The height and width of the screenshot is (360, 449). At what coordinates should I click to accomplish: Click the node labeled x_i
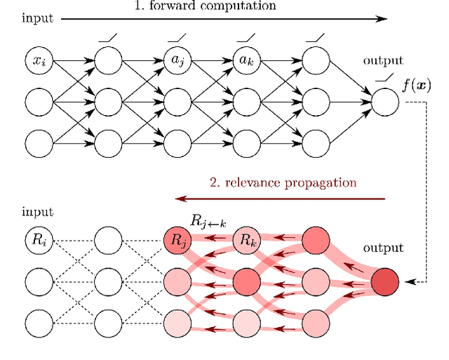(39, 61)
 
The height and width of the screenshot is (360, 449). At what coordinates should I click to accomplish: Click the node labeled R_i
(39, 240)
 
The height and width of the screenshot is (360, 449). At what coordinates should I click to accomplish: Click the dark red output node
(385, 281)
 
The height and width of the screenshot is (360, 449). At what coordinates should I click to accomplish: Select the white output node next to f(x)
(385, 102)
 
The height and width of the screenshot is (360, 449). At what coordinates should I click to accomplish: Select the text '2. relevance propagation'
(283, 182)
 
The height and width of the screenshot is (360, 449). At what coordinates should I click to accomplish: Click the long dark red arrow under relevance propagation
(281, 199)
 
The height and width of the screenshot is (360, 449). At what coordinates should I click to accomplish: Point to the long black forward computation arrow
(224, 19)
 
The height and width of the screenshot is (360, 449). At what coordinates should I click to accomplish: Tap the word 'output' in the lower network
(382, 248)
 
